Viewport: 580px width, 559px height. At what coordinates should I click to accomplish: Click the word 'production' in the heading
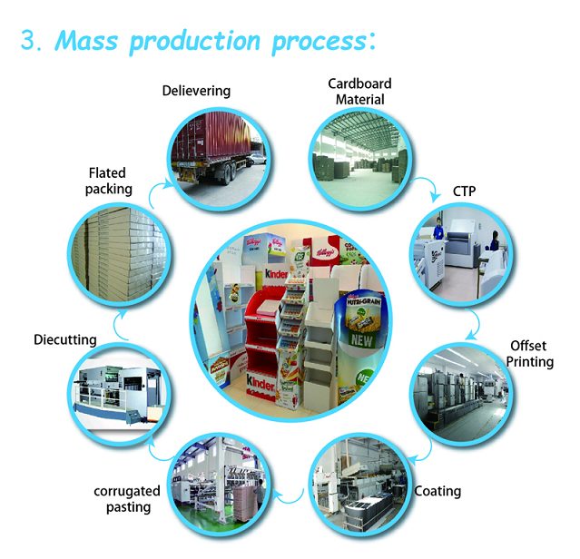tap(195, 42)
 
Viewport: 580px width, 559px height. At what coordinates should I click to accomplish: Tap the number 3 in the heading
tap(28, 40)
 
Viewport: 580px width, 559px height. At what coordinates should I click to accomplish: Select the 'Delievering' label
tap(196, 91)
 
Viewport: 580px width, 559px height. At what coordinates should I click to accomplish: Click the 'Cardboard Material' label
tap(359, 92)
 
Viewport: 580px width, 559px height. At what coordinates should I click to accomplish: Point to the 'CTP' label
tap(464, 191)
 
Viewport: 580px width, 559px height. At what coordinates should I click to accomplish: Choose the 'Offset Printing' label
tap(529, 354)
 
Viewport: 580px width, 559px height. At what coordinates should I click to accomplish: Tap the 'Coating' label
tap(437, 491)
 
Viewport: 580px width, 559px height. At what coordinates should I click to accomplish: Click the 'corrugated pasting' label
tap(127, 499)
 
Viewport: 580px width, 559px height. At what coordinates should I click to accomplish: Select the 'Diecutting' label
tap(65, 339)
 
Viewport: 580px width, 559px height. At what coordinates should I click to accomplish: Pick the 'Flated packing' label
tap(108, 181)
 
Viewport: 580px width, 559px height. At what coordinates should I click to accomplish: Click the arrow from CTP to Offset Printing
tap(478, 323)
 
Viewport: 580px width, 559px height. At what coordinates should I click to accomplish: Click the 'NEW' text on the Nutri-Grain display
tap(361, 339)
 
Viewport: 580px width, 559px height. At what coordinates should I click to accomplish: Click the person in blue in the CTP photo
tap(438, 229)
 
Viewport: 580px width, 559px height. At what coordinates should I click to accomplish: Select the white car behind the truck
tap(257, 159)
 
